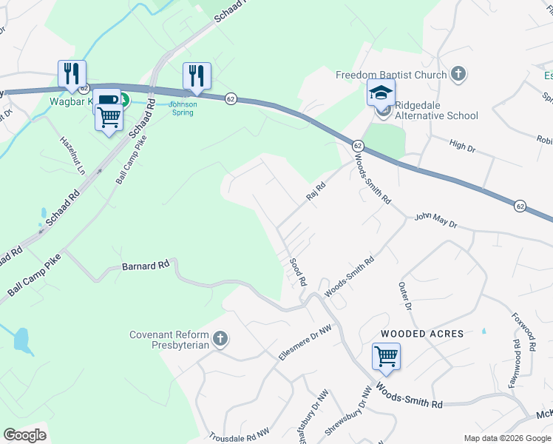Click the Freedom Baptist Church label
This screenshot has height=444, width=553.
(x=391, y=75)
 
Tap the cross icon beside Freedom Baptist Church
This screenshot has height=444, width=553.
(x=458, y=74)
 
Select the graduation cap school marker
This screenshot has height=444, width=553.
(x=381, y=92)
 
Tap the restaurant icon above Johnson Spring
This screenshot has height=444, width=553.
(x=197, y=75)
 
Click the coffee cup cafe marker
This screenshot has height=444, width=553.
(x=106, y=100)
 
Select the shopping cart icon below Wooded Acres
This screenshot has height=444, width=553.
(x=386, y=357)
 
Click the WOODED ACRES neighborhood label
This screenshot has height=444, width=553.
(x=422, y=334)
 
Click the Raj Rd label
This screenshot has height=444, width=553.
(x=316, y=192)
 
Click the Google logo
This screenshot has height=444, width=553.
(x=24, y=435)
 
